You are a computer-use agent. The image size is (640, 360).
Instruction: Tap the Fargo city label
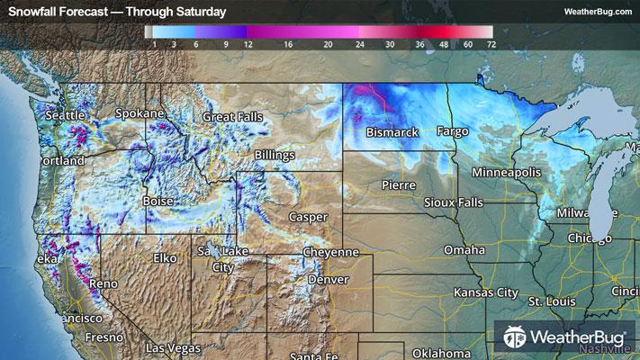click(x=453, y=132)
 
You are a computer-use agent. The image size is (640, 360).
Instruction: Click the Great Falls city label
click(x=232, y=117)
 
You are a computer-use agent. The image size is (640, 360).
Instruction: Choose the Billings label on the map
click(x=274, y=156)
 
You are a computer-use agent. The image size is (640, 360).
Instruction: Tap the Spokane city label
click(x=140, y=113)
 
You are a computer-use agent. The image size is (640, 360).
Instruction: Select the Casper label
click(x=308, y=217)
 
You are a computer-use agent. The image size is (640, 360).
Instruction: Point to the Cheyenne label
click(x=330, y=253)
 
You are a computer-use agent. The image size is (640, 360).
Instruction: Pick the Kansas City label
click(x=486, y=293)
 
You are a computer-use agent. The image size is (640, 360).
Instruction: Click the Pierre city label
click(x=398, y=184)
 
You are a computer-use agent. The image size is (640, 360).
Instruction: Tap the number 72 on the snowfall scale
click(x=491, y=42)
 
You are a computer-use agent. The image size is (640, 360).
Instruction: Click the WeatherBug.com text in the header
click(x=597, y=12)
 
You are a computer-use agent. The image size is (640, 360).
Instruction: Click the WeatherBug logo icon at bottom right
click(x=516, y=338)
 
